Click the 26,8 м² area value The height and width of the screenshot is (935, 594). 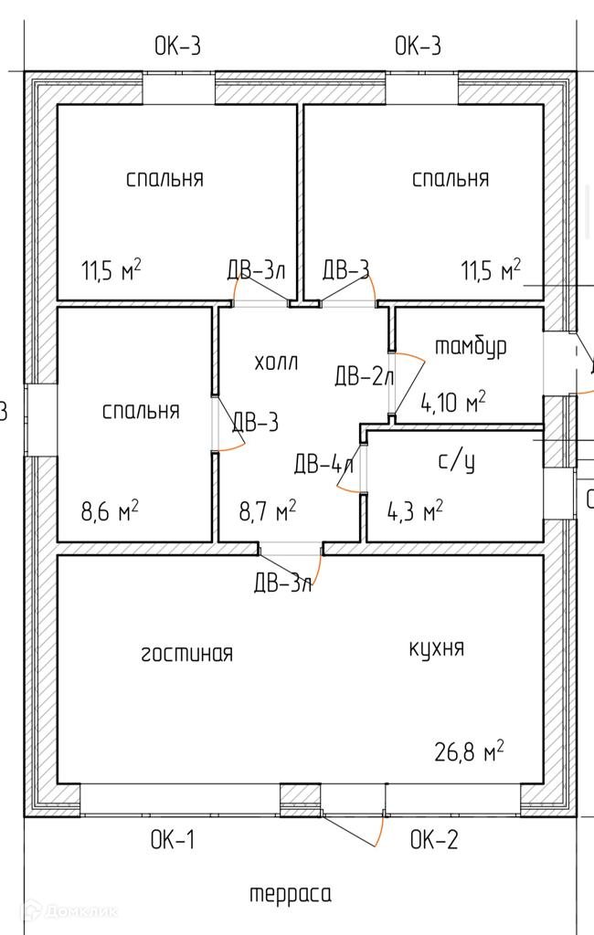pyautogui.click(x=469, y=752)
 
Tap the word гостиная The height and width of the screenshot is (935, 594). pyautogui.click(x=187, y=654)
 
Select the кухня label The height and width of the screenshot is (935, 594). pyautogui.click(x=436, y=648)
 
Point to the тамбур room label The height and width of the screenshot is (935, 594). pyautogui.click(x=471, y=347)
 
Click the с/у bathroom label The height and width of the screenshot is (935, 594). pyautogui.click(x=457, y=463)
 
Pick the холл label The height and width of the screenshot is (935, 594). pyautogui.click(x=276, y=362)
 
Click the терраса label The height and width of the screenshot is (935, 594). pyautogui.click(x=291, y=894)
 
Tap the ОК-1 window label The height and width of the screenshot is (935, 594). pyautogui.click(x=173, y=840)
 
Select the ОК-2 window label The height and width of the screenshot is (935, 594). pyautogui.click(x=433, y=840)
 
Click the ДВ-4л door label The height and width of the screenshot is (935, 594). pyautogui.click(x=324, y=464)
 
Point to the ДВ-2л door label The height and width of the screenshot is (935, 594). pyautogui.click(x=364, y=375)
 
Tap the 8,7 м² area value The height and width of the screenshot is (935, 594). pyautogui.click(x=266, y=510)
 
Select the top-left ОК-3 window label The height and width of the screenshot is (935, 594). pyautogui.click(x=177, y=46)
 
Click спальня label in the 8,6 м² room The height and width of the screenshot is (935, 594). pyautogui.click(x=140, y=411)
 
